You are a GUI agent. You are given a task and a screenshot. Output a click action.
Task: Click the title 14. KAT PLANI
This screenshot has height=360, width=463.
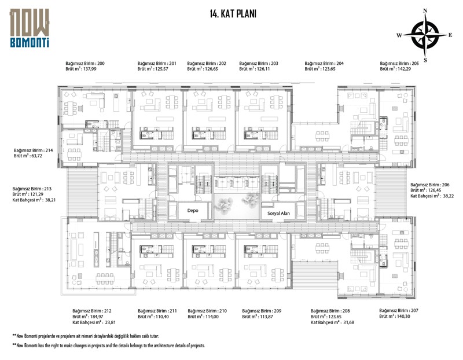233,14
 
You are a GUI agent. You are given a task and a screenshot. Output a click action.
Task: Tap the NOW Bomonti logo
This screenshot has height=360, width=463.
30,28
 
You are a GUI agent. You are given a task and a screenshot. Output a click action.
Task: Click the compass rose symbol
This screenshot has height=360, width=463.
425,35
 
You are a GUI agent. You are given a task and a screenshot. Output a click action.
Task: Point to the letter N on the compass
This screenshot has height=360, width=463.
425,11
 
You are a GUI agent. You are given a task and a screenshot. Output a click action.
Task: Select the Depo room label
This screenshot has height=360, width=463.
193,211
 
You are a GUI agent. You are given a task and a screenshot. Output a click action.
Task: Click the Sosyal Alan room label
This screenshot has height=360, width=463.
278,213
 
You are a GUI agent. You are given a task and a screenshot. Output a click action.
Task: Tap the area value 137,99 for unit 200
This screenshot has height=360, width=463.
90,69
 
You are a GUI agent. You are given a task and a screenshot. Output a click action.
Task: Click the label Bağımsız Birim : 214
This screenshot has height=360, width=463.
34,150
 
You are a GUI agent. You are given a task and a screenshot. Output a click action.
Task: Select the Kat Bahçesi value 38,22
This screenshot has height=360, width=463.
447,196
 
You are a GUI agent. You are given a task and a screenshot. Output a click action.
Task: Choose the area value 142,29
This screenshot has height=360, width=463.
404,69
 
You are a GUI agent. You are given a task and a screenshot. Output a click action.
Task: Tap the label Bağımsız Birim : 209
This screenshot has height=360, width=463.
262,311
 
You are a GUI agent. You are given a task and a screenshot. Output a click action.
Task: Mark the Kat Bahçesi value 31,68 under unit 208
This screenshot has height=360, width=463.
348,322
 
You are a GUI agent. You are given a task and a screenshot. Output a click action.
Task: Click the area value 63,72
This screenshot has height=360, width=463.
36,156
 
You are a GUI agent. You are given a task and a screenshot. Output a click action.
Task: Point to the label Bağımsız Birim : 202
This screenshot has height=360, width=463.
207,63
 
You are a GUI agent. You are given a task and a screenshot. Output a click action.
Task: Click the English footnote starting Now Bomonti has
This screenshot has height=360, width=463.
109,345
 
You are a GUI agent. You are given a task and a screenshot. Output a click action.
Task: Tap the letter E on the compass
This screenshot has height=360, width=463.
450,35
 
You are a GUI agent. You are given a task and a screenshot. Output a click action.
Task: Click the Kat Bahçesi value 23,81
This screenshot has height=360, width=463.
109,322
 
